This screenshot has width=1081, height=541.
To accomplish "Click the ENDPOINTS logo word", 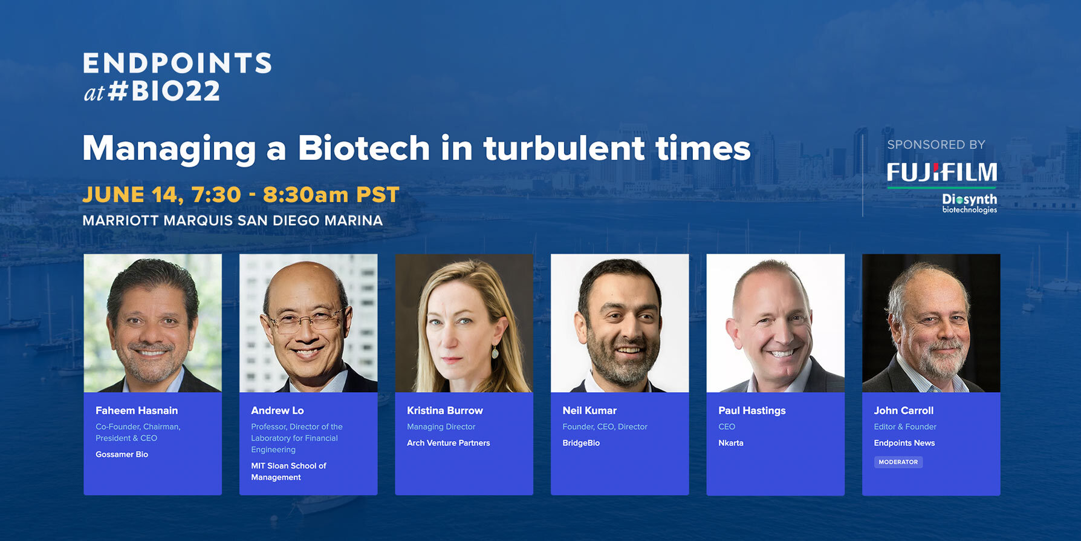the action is click(177, 63).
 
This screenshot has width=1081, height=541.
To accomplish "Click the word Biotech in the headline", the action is click(364, 148).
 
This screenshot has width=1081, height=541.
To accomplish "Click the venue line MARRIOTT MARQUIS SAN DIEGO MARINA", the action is click(233, 220).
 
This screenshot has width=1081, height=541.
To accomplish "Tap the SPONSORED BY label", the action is click(936, 145).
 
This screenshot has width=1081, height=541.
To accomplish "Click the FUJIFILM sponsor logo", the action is click(942, 172).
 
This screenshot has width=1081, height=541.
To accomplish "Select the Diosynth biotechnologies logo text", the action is click(969, 203).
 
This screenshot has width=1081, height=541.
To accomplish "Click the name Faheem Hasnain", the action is click(137, 410).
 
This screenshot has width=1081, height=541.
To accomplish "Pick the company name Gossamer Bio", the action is click(122, 454).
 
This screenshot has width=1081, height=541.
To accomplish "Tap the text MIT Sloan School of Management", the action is click(288, 471).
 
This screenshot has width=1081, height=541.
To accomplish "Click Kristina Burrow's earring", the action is click(495, 351).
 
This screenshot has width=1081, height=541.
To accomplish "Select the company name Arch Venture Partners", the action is click(449, 443).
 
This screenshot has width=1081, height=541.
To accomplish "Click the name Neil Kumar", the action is click(589, 410).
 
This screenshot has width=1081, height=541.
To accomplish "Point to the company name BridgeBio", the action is click(581, 443).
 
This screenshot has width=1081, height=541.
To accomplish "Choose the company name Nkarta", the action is click(731, 443).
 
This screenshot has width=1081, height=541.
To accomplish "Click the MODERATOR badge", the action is click(898, 462).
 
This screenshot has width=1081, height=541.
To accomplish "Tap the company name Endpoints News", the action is click(904, 443).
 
